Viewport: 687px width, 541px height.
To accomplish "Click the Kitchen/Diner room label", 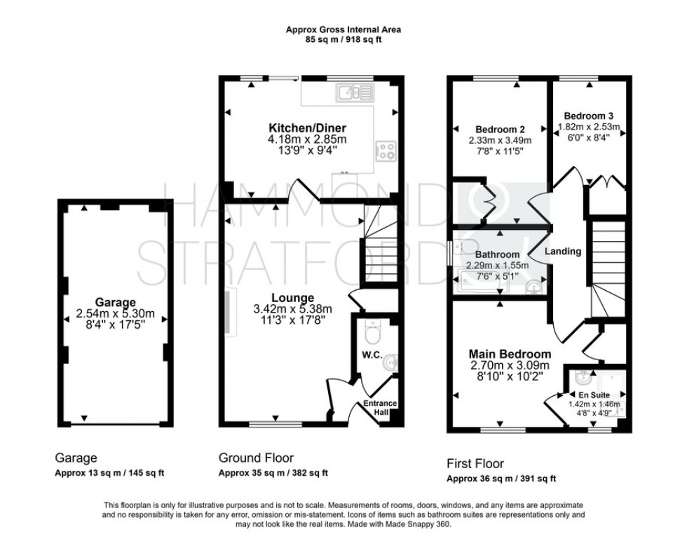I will pos(308,128).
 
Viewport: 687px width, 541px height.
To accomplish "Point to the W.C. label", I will pos(372,355).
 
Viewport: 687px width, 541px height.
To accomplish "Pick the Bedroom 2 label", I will pos(500,129).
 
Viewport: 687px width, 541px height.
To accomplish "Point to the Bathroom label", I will pos(498,254).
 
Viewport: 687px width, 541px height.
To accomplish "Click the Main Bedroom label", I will pos(510,354).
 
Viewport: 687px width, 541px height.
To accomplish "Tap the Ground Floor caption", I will pos(256,458).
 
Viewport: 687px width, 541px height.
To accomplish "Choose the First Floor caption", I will pos(475,463).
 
